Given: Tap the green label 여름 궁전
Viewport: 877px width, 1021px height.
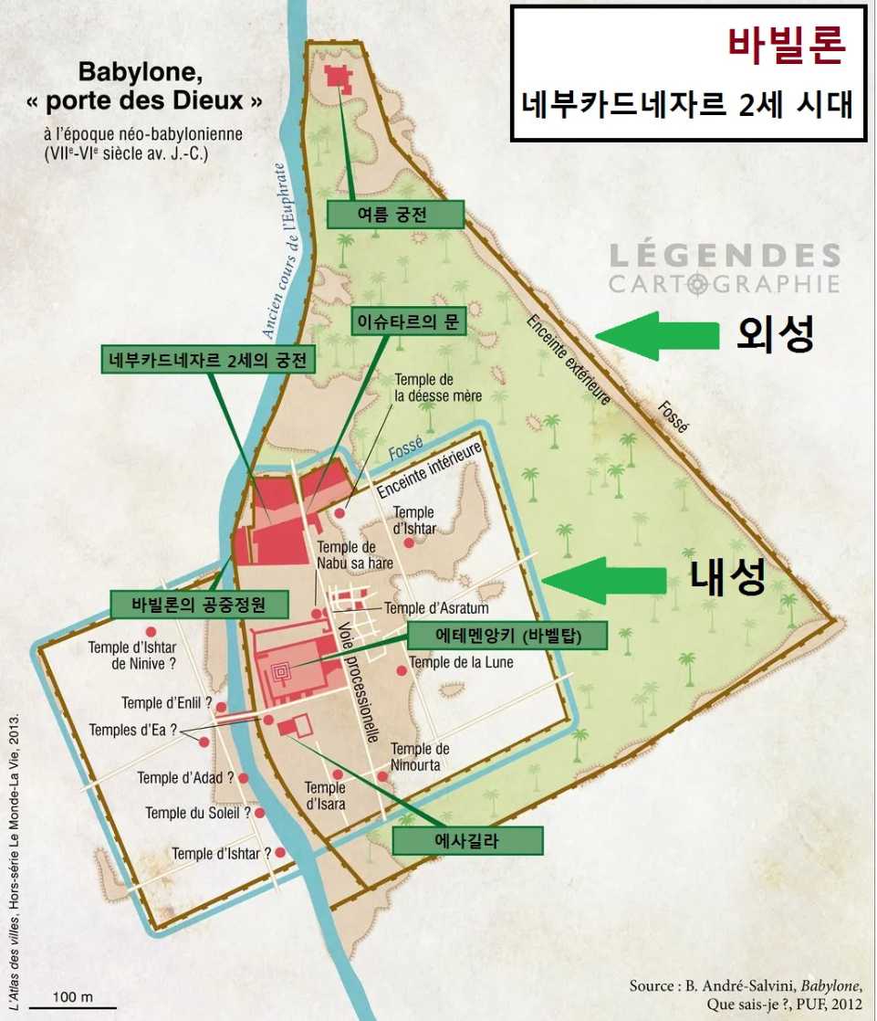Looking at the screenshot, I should [x=395, y=215].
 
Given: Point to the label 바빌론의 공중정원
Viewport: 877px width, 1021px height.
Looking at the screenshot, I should [x=199, y=604].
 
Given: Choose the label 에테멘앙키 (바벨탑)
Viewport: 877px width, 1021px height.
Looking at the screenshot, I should [x=506, y=636].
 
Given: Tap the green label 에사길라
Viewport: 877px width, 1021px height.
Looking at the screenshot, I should [x=467, y=840].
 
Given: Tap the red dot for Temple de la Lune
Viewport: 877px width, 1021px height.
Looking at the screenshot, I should [x=402, y=671].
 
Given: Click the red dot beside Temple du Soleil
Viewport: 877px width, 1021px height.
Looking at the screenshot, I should [x=260, y=812].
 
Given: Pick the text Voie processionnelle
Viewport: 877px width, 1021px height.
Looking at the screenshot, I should [x=358, y=676].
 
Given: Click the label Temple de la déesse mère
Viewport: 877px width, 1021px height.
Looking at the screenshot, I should [x=438, y=387].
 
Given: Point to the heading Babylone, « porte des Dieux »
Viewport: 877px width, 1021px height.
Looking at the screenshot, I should [x=170, y=86].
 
